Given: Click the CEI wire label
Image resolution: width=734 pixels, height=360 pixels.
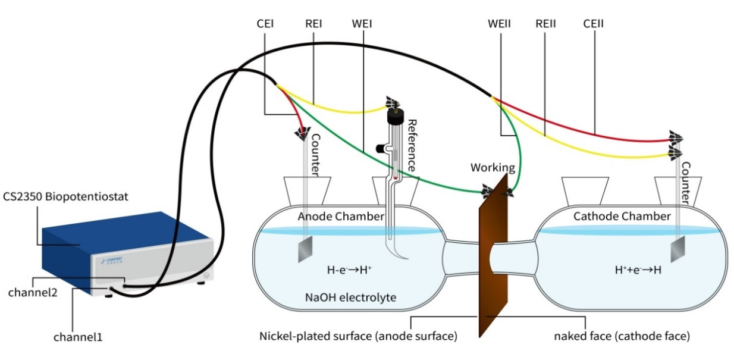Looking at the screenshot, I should (x=265, y=24).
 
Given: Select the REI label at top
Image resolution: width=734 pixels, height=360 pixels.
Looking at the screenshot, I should (x=313, y=24).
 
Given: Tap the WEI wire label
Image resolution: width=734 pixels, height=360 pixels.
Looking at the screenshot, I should (x=362, y=24).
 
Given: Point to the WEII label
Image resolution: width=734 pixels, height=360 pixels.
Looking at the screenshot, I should (x=500, y=24).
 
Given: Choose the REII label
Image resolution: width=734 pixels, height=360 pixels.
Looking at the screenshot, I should (x=545, y=24).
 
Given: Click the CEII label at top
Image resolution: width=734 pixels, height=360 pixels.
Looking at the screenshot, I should (x=594, y=24).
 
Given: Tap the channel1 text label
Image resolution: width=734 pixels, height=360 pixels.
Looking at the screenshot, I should (x=78, y=337).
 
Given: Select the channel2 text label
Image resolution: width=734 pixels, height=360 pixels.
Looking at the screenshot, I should (x=33, y=292).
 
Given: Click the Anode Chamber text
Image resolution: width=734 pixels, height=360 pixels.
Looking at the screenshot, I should (x=341, y=217).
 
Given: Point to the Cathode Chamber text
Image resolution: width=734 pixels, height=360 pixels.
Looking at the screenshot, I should (x=622, y=217).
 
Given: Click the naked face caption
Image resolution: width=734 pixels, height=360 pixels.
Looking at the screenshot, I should (x=622, y=336).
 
